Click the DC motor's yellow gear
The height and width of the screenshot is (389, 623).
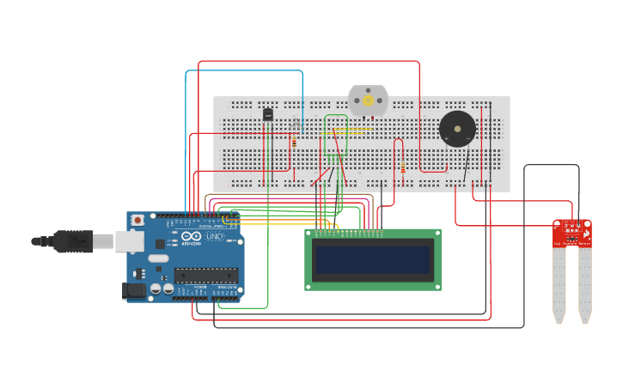pos(368,100)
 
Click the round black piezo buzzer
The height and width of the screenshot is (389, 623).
pos(457,129)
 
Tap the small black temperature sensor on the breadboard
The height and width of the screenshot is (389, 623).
pos(268,114)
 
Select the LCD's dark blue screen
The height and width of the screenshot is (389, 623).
pos(373,259)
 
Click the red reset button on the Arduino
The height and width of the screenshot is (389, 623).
pos(137,220)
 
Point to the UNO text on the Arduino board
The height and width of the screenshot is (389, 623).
pos(214,236)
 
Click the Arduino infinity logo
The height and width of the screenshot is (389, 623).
pos(192,236)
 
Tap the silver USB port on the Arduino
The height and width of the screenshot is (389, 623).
pos(129,241)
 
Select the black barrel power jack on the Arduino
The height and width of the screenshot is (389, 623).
pos(134,291)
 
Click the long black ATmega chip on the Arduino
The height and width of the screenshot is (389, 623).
pos(206,275)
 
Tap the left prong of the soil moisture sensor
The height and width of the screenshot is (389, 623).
pos(559,283)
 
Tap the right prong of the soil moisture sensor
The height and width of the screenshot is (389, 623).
pos(585,283)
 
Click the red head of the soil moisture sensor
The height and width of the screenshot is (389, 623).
pos(572,233)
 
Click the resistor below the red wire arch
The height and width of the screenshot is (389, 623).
pos(402,168)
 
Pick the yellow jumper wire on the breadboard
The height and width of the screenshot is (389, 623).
pos(354,130)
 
